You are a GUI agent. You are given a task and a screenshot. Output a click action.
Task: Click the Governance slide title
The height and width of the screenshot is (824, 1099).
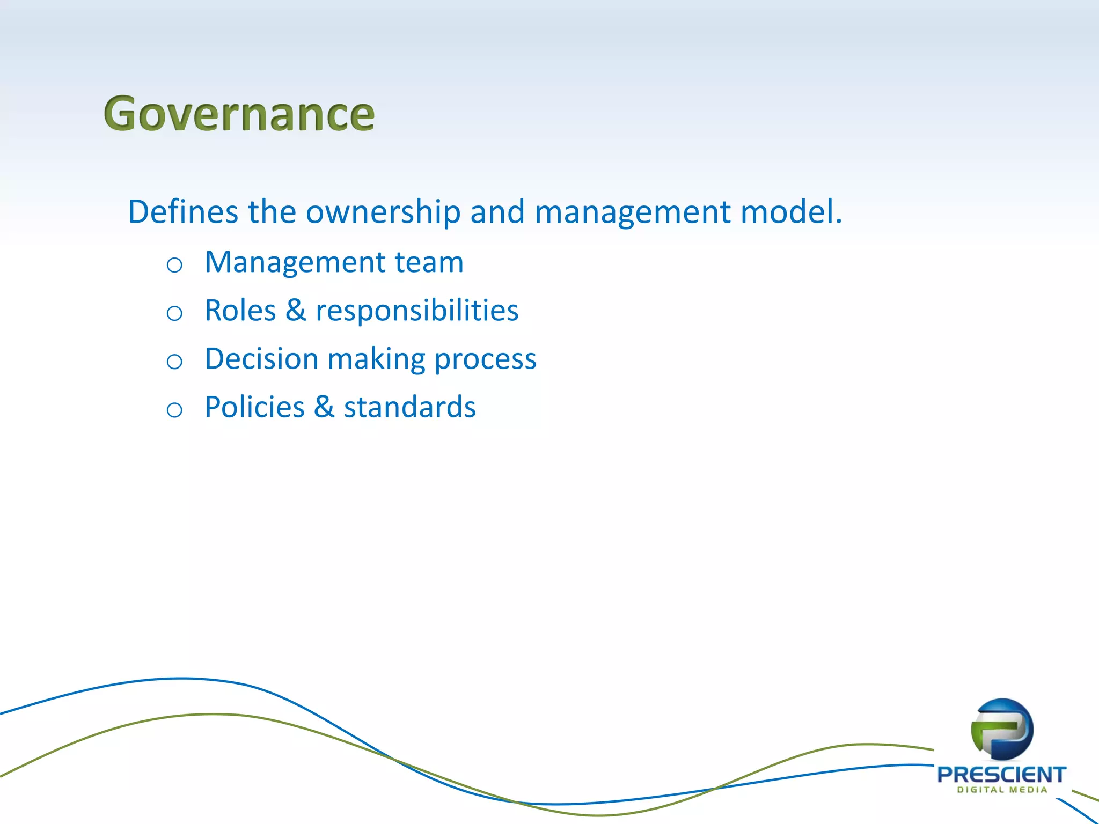coord(239,114)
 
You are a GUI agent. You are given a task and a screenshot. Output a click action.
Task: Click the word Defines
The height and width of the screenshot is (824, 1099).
coord(182,212)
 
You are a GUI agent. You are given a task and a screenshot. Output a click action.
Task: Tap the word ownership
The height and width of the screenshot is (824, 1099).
coord(383,212)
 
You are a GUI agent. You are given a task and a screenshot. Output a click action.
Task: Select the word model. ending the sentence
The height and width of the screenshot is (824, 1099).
coord(791,212)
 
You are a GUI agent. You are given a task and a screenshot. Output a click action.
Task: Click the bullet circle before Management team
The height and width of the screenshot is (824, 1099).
coord(174,265)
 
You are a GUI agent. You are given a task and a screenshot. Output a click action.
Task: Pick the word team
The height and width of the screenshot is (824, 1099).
coord(429,263)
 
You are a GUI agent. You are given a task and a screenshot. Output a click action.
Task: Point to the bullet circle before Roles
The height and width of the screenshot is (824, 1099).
coord(174,313)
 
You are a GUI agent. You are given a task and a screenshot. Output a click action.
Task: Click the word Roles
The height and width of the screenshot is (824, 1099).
coord(240,311)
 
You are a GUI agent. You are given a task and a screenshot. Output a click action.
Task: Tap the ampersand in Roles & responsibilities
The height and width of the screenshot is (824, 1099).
coord(296,311)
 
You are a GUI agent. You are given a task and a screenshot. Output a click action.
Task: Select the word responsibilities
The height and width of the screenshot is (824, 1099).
coord(417,312)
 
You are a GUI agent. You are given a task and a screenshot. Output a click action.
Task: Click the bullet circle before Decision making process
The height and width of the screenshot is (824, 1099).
coord(174,362)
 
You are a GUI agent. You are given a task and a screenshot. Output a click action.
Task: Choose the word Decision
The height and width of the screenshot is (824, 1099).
coord(261,359)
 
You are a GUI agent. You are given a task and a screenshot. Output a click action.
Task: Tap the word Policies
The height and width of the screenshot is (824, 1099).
coord(254,407)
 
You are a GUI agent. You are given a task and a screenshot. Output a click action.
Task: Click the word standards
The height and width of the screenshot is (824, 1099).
coord(409,407)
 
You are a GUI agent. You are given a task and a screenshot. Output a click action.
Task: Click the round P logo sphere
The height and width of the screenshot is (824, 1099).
coord(1002,729)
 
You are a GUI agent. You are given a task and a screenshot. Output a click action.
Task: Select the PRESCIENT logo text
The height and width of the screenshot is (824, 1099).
coord(1001,775)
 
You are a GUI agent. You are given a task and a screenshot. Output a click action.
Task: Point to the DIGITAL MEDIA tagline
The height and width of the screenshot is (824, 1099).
coord(1002,790)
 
